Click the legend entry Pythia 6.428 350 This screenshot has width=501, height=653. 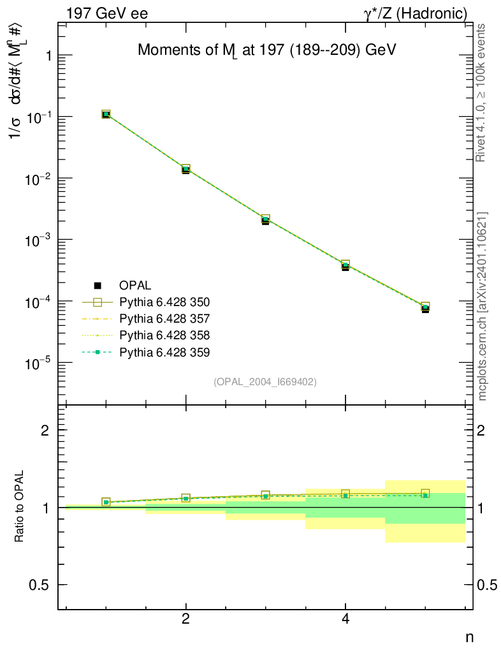164,302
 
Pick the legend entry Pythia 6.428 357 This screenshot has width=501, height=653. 164,318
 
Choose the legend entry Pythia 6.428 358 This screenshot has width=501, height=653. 164,335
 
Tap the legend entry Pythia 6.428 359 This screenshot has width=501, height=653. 164,351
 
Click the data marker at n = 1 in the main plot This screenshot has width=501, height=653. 106,114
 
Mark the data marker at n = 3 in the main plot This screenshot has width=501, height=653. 266,220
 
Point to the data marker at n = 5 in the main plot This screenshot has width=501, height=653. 425,308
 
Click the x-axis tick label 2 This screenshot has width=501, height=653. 185,619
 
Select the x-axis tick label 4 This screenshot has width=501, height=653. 345,619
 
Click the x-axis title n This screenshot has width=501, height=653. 469,636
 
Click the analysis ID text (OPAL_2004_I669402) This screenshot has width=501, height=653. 265,381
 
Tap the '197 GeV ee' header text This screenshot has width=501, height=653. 106,13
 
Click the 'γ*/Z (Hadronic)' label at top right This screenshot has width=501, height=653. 416,13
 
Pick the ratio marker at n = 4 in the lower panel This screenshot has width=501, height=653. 345,494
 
